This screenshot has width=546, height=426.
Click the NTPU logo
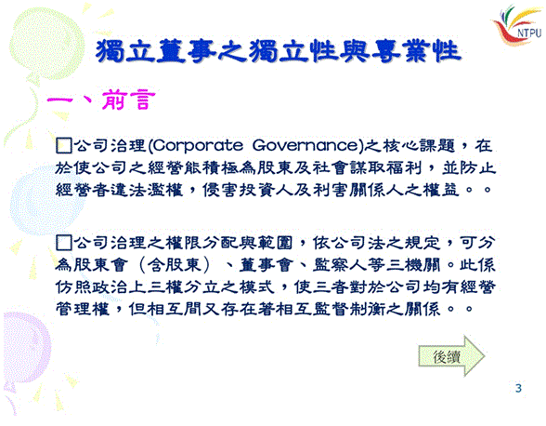[518, 24]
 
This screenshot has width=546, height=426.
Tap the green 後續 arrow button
[451, 356]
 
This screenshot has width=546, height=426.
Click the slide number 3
[518, 388]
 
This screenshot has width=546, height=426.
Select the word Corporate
[198, 146]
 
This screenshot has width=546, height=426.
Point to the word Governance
[305, 145]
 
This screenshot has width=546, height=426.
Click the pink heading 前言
[128, 100]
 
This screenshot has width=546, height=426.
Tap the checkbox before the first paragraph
[64, 145]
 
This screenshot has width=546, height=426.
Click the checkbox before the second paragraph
[64, 243]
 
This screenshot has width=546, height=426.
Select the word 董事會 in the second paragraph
[265, 265]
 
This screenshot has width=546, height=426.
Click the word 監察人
[339, 265]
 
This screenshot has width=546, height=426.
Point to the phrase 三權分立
[184, 287]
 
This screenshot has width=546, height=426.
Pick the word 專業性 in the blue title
[415, 51]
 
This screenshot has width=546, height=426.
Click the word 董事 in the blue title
[186, 51]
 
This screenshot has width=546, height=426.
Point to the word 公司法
[357, 243]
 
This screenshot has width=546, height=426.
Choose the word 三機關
[413, 265]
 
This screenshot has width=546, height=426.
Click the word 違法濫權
[147, 190]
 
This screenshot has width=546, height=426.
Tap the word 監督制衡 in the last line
[348, 309]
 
